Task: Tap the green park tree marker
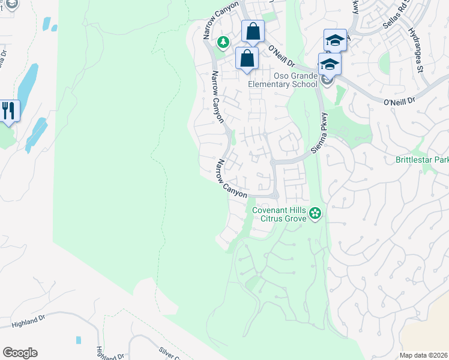pyautogui.click(x=223, y=42)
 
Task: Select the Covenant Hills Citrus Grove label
pyautogui.click(x=279, y=214)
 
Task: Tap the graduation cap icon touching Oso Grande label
pyautogui.click(x=330, y=64)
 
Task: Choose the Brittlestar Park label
pyautogui.click(x=422, y=160)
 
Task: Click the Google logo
pyautogui.click(x=20, y=353)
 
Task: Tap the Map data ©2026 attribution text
pyautogui.click(x=423, y=355)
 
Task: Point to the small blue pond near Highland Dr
pyautogui.click(x=79, y=340)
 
